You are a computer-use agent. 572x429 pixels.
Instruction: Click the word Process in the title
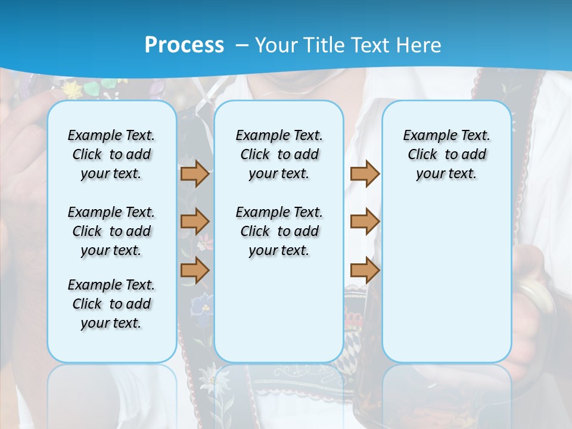pyautogui.click(x=184, y=45)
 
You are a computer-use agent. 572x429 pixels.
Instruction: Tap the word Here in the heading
pyautogui.click(x=420, y=45)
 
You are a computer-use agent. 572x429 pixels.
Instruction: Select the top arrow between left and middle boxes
pyautogui.click(x=195, y=174)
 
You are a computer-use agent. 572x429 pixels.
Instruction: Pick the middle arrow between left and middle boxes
pyautogui.click(x=195, y=222)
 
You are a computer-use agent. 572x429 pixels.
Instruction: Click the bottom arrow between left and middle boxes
pyautogui.click(x=195, y=270)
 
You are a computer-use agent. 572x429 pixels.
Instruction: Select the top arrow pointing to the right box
pyautogui.click(x=365, y=174)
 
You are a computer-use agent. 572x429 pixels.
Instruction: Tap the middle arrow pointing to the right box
pyautogui.click(x=365, y=222)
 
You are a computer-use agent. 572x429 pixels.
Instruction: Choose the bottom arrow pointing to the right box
pyautogui.click(x=365, y=270)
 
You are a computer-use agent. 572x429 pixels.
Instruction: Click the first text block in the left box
pyautogui.click(x=111, y=154)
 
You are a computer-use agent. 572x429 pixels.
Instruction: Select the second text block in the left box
pyautogui.click(x=111, y=231)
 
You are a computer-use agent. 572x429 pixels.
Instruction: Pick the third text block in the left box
pyautogui.click(x=111, y=304)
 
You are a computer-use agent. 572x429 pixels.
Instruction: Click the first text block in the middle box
pyautogui.click(x=279, y=154)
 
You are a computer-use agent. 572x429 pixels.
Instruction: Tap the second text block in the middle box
pyautogui.click(x=279, y=231)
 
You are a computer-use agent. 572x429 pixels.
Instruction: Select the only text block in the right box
pyautogui.click(x=446, y=154)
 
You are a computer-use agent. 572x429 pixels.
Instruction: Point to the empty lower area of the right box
pyautogui.click(x=446, y=280)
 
